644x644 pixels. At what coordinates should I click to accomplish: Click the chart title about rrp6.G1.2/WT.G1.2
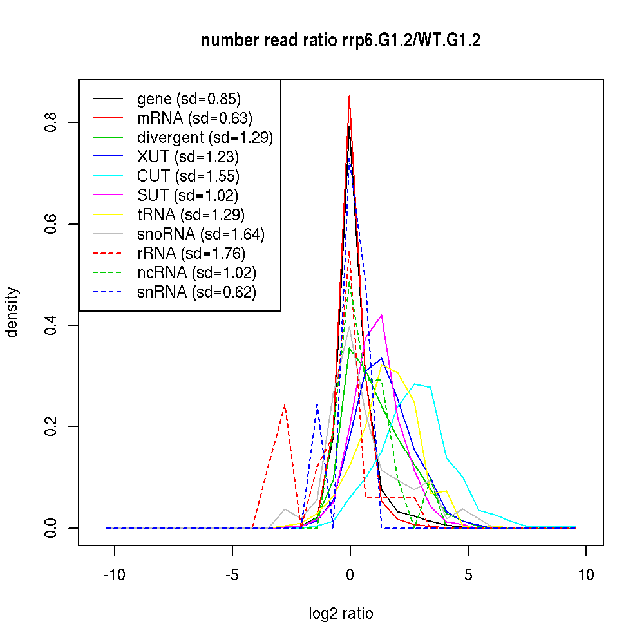tap(341, 41)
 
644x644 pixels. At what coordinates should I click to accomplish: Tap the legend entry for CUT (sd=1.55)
tap(188, 176)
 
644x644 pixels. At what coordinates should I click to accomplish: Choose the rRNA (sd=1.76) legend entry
tap(191, 253)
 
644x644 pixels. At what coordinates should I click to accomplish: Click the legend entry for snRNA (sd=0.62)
tap(196, 292)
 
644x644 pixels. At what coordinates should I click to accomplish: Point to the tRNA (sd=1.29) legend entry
tap(191, 214)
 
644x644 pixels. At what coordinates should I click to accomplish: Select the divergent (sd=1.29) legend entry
tap(205, 137)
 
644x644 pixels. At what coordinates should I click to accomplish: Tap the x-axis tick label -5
tap(232, 575)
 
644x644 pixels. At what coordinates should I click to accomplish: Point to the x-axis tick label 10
tap(585, 575)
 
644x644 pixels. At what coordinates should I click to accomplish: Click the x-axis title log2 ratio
tap(341, 614)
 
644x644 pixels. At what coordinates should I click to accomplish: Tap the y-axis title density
tap(13, 312)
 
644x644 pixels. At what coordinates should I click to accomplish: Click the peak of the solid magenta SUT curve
tap(382, 315)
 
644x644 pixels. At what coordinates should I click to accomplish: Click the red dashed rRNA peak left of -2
tap(284, 405)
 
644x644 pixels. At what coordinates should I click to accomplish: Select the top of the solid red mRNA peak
tap(349, 97)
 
